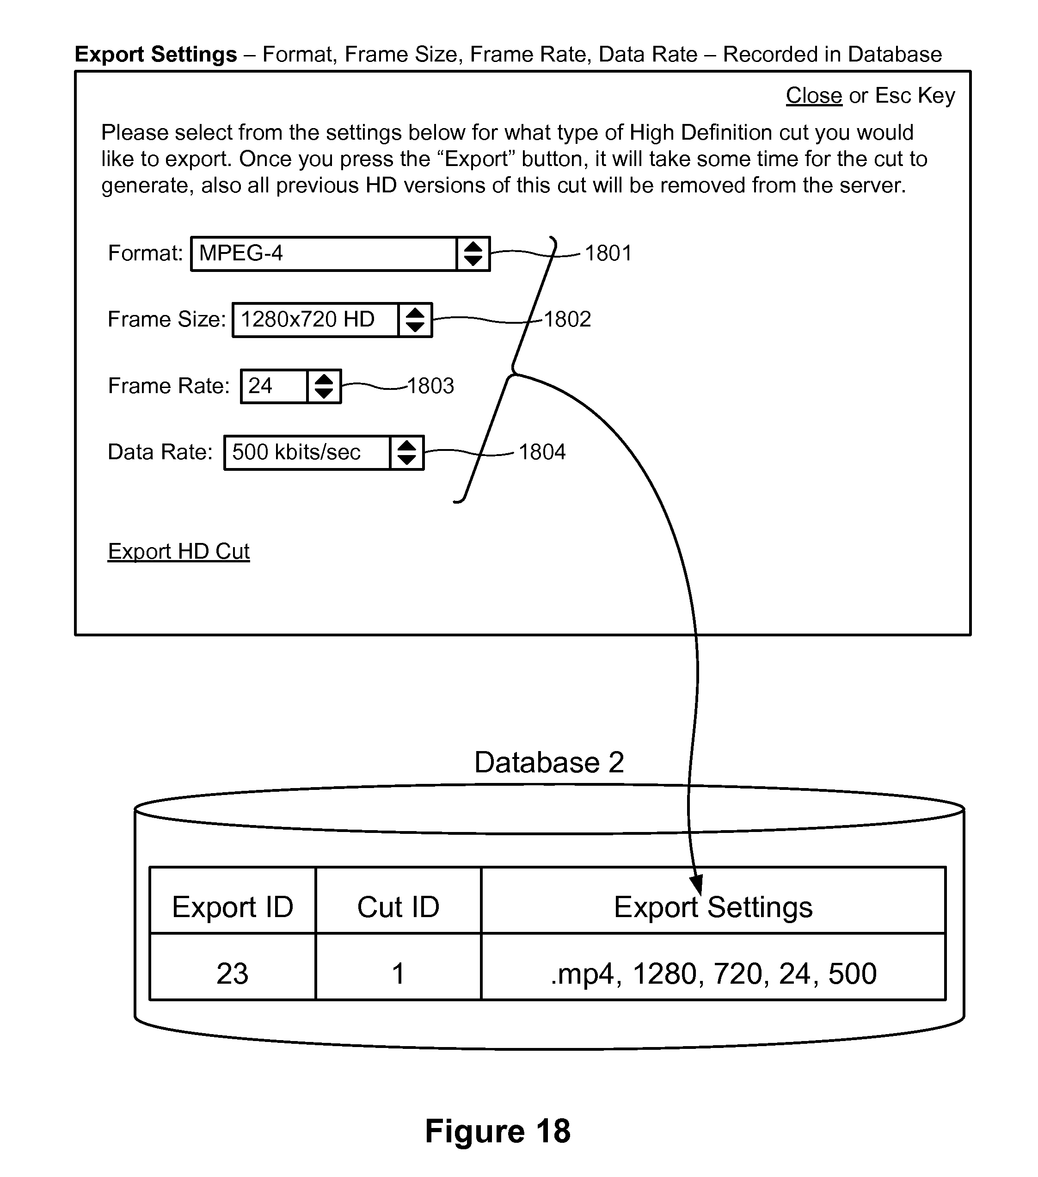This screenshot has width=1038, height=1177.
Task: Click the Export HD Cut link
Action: [x=178, y=551]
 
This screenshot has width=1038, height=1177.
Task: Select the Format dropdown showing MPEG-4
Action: [x=324, y=253]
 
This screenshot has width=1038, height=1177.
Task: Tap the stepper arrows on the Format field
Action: [x=473, y=253]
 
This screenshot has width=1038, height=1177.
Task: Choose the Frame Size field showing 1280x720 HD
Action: [x=315, y=320]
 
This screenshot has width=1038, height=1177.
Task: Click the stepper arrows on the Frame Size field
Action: [x=415, y=320]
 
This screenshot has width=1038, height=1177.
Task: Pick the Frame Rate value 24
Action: [x=273, y=386]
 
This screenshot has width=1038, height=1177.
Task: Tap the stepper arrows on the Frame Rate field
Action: [x=324, y=386]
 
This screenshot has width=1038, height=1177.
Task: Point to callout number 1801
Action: [x=608, y=253]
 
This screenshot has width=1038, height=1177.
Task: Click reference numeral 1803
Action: [x=430, y=386]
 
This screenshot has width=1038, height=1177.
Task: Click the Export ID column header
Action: [x=233, y=907]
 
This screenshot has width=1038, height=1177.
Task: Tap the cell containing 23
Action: [x=233, y=973]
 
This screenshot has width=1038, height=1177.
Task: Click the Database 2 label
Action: [x=549, y=763]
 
